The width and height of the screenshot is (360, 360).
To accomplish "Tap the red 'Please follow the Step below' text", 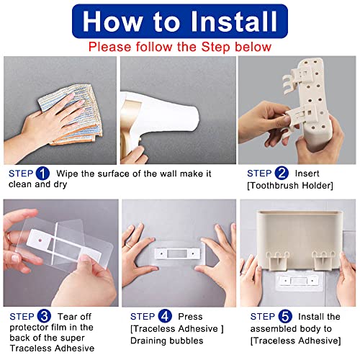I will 180,47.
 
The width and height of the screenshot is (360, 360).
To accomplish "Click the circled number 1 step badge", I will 42,174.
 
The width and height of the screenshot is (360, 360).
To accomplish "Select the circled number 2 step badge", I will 281,174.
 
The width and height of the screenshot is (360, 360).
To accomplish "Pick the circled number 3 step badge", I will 42,315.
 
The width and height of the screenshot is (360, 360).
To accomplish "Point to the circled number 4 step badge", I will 164,315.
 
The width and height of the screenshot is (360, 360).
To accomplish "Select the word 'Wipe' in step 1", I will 68,174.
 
